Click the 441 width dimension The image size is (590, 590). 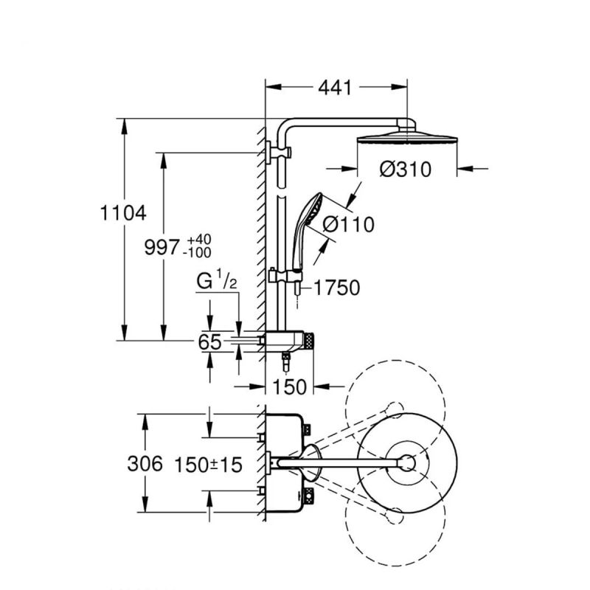[335, 88]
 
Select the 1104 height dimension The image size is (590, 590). [123, 213]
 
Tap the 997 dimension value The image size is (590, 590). [162, 248]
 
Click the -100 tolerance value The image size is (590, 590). [197, 252]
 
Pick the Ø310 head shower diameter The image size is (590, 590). [406, 170]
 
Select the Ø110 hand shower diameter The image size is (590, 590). [348, 225]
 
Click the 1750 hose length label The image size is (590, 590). [337, 288]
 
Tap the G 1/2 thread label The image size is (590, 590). [217, 282]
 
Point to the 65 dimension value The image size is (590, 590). [210, 342]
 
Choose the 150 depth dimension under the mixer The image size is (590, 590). [289, 386]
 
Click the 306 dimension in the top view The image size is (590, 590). [145, 463]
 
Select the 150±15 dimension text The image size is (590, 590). [208, 465]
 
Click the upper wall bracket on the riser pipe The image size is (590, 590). [279, 153]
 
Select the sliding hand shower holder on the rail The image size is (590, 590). [285, 277]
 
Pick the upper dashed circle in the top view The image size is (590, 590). [395, 409]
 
